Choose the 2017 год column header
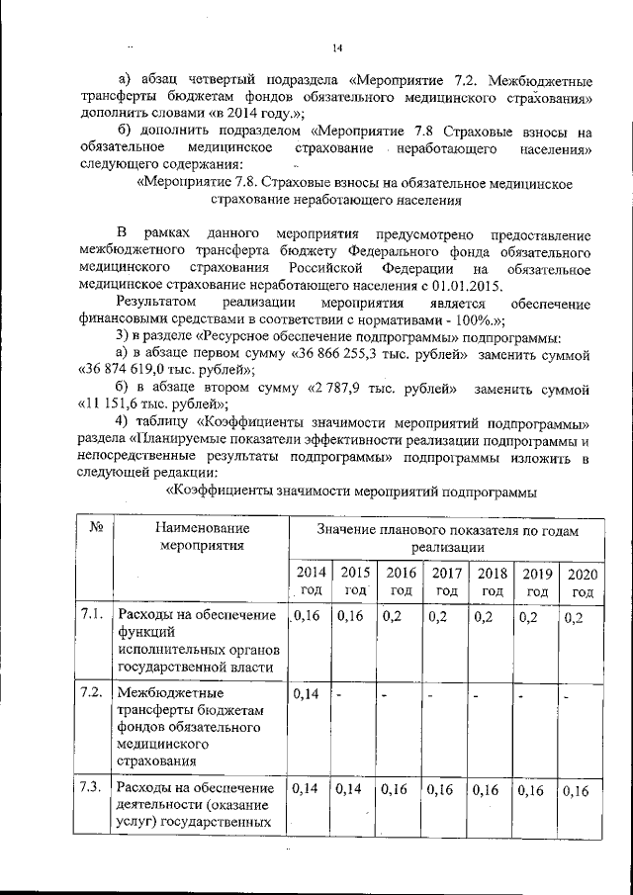click(x=446, y=582)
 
